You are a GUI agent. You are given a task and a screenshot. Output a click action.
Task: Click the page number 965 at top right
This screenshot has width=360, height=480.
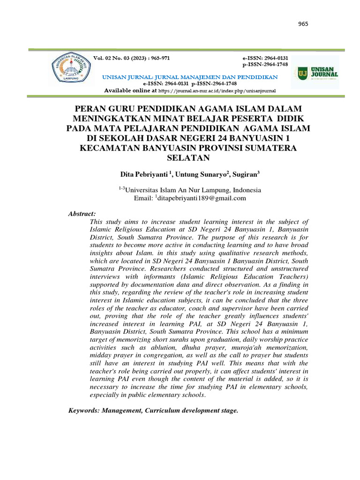coord(303,24)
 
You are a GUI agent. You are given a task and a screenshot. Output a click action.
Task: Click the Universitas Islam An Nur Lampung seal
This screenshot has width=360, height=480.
coord(71,70)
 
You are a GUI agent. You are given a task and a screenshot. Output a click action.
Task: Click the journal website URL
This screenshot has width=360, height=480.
coord(217,90)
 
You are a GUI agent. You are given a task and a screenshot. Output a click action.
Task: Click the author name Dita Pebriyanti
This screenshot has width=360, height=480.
coord(145,174)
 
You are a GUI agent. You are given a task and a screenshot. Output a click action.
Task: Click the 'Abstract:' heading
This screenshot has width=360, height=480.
coord(82,214)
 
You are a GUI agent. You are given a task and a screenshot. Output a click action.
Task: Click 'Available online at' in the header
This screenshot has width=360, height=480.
coord(130,90)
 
